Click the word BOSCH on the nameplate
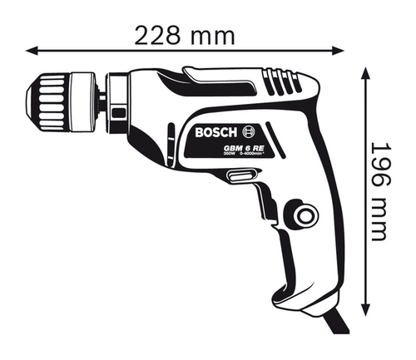tap(218, 133)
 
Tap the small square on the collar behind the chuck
tap(116, 111)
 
